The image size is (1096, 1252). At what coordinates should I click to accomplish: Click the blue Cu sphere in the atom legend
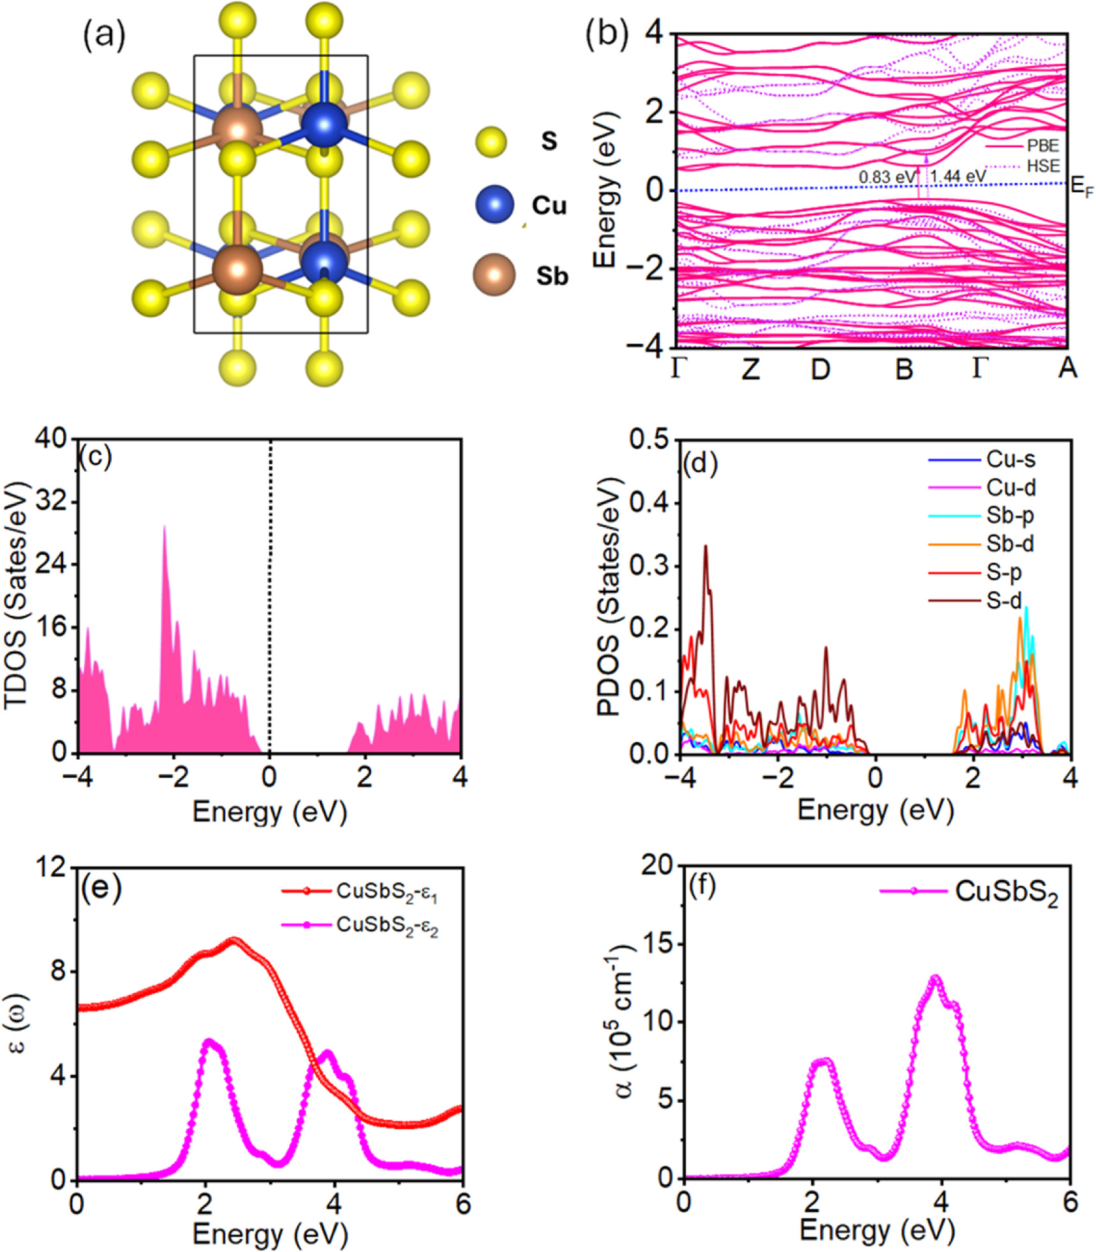(494, 206)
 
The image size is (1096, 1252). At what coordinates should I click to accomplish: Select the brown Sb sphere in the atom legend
(494, 275)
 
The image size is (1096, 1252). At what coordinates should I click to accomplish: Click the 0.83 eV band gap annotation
(886, 177)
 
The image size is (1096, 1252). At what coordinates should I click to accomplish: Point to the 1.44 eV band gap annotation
(958, 176)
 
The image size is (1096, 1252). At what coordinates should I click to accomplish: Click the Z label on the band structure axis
(751, 369)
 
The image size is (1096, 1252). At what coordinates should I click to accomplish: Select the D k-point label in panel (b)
(820, 369)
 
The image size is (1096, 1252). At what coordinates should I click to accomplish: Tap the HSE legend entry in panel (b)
(1042, 167)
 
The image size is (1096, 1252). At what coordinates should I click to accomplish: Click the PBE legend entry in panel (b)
(1042, 146)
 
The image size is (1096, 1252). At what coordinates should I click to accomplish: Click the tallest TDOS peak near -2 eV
(165, 527)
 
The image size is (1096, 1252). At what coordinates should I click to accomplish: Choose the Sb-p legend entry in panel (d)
(1010, 515)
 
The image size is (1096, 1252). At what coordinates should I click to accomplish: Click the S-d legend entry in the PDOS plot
(1003, 600)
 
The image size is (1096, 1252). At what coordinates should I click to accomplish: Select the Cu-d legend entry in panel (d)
(1011, 488)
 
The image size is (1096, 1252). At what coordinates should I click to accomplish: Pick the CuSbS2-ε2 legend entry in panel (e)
(387, 925)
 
